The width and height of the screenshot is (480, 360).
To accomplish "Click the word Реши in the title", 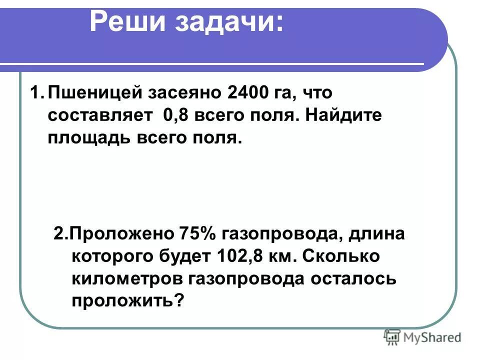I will pyautogui.click(x=127, y=22).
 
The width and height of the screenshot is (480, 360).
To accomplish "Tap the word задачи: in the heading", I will pyautogui.click(x=229, y=22).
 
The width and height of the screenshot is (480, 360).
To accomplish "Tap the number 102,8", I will pyautogui.click(x=243, y=256).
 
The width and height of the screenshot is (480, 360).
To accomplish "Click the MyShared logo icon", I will pyautogui.click(x=392, y=337).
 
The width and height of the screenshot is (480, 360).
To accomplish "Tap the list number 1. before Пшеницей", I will pyautogui.click(x=37, y=93).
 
